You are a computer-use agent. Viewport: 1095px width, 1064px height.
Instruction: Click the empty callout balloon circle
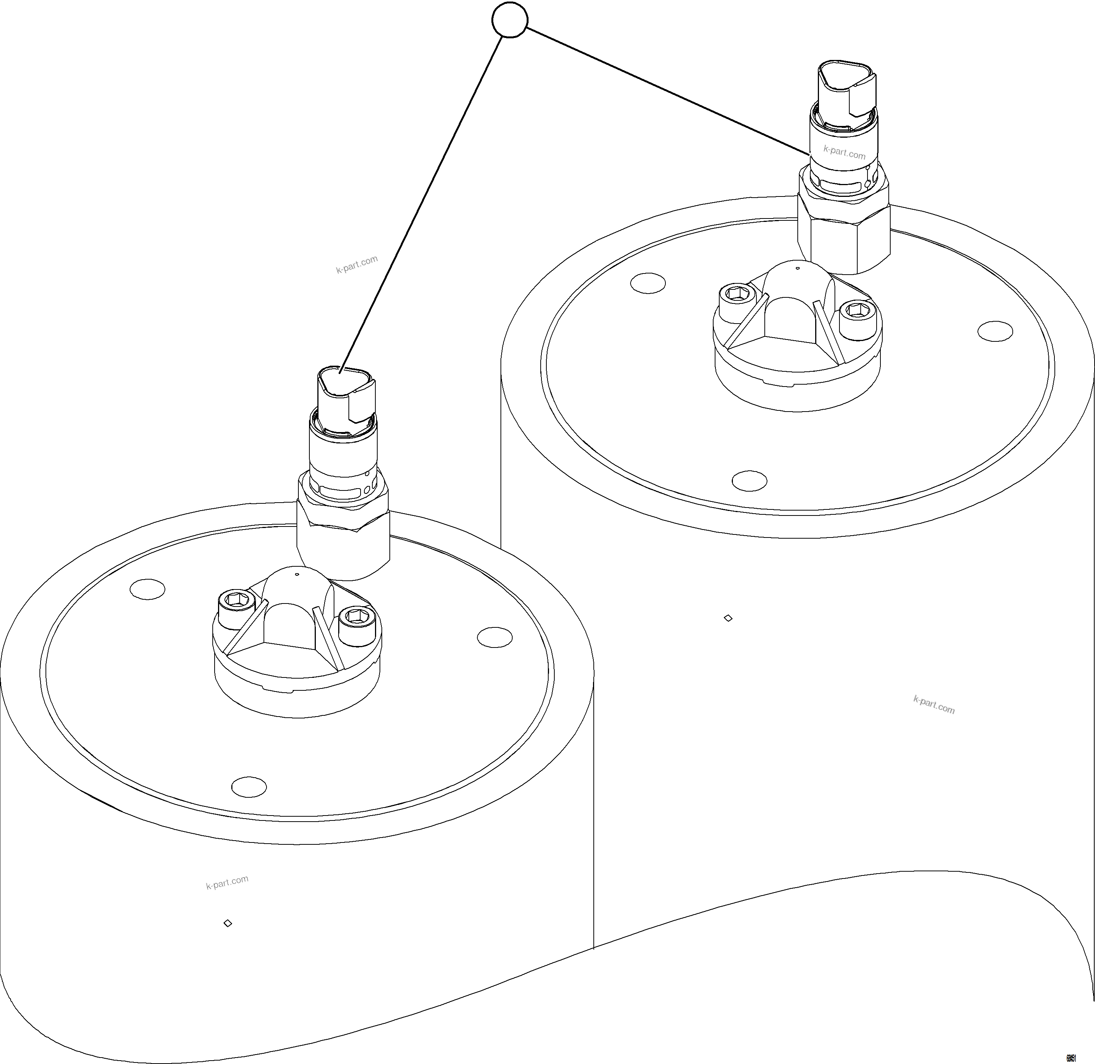point(510,20)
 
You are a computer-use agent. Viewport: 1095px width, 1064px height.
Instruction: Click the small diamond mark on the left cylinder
point(227,923)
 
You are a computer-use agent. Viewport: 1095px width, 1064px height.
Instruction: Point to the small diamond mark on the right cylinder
point(728,618)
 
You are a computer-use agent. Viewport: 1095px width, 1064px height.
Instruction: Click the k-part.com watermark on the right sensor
point(844,152)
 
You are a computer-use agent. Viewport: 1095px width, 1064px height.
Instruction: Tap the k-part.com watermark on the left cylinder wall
point(227,882)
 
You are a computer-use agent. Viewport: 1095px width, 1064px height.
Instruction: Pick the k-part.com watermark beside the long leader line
point(357,264)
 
